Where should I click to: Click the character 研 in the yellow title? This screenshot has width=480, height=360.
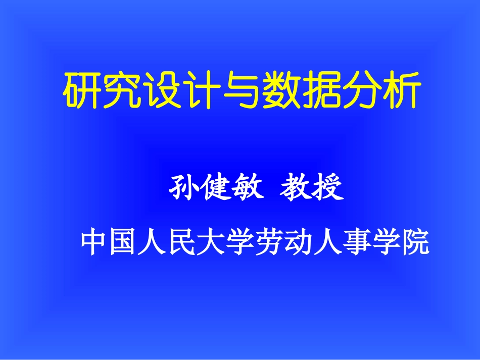(81, 91)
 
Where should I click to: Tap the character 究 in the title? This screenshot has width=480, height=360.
(121, 91)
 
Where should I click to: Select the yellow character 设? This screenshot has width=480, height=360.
(161, 91)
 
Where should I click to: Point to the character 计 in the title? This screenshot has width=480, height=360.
(201, 91)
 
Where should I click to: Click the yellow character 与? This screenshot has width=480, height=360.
(241, 91)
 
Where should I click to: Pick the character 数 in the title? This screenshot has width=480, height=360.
(281, 91)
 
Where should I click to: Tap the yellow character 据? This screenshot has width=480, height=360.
(321, 91)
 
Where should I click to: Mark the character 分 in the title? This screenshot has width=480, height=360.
(360, 91)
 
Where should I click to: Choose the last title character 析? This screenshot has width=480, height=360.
(400, 91)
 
